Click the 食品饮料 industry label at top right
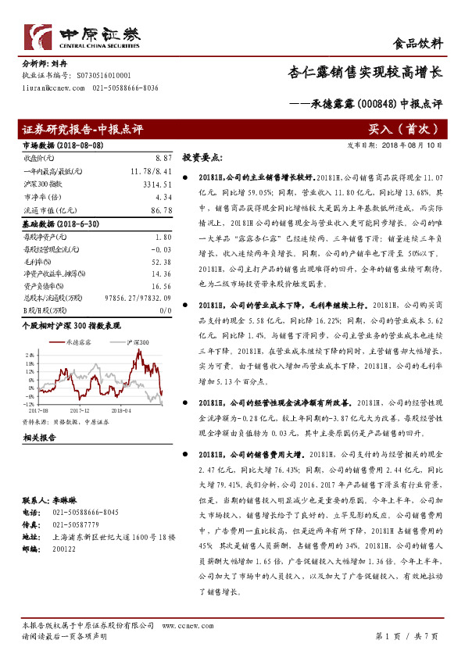(421, 44)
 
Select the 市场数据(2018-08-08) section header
(58, 145)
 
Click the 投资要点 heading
(202, 156)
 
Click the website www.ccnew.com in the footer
(181, 625)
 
